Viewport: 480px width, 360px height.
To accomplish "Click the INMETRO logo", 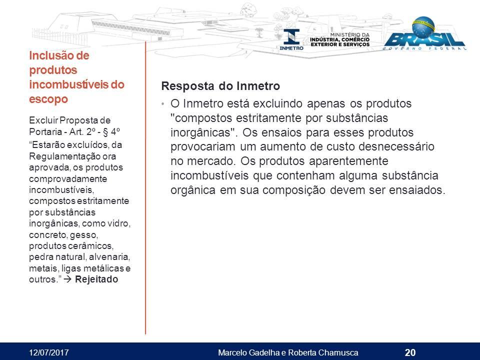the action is click(291, 39).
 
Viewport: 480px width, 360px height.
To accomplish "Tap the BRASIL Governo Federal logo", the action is click(425, 33).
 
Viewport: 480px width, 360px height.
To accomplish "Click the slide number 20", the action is click(410, 352).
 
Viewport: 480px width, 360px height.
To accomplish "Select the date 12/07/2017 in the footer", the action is click(49, 352).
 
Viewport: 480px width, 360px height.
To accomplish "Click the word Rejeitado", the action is click(96, 279).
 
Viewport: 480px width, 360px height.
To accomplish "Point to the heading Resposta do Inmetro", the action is click(220, 86).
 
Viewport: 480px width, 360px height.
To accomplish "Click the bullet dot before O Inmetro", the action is click(163, 104).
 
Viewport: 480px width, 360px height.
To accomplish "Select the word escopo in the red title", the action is click(48, 99).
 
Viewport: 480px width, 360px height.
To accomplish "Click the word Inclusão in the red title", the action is click(50, 55).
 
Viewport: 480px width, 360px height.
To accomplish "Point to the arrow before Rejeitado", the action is click(67, 279).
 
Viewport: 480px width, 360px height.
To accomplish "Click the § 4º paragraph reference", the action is click(111, 131).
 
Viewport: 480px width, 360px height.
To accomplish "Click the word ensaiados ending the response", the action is click(417, 190).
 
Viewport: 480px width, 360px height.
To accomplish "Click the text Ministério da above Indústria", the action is click(349, 34).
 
